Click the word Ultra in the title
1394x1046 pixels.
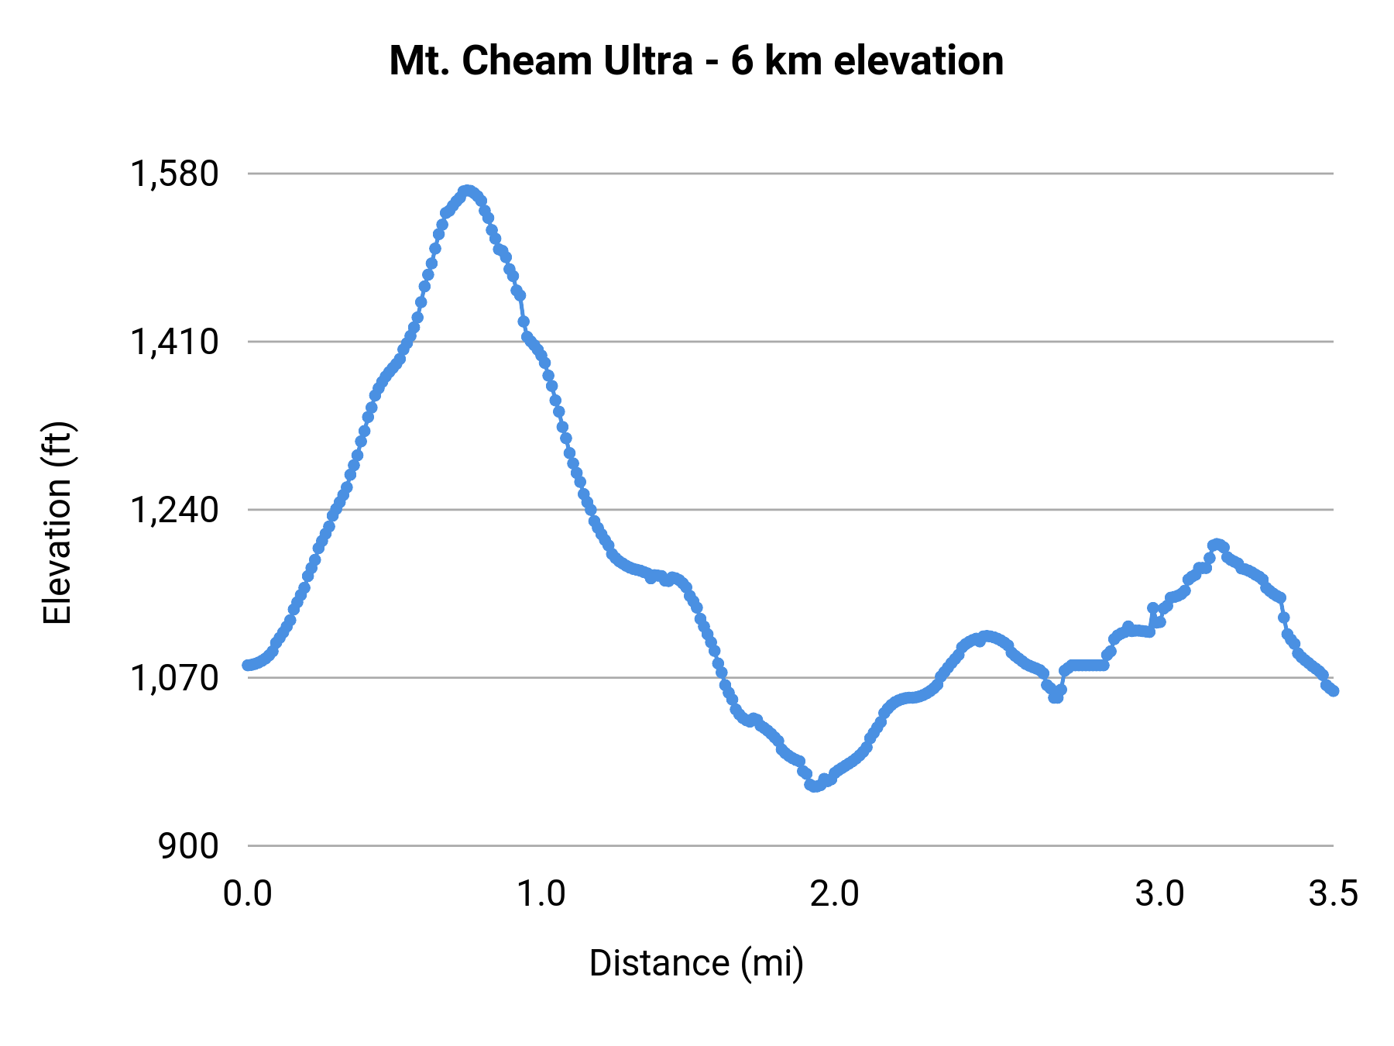(x=647, y=61)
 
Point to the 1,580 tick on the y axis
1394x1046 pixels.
(x=174, y=174)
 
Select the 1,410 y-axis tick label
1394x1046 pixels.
(x=174, y=342)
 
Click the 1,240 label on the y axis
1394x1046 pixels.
(x=174, y=510)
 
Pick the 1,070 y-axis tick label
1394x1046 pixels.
(x=174, y=678)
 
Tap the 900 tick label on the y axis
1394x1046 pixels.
(x=188, y=846)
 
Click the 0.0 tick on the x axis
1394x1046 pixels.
(x=247, y=893)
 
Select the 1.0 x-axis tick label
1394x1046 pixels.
(x=541, y=893)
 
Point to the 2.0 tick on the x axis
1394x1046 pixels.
(x=834, y=893)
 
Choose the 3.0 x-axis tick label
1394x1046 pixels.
(x=1159, y=893)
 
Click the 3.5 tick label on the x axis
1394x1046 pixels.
(x=1333, y=893)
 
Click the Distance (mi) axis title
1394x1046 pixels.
(x=696, y=963)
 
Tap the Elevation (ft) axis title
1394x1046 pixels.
(x=57, y=523)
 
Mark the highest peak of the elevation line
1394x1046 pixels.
(x=466, y=191)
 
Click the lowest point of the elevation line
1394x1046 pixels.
(x=813, y=786)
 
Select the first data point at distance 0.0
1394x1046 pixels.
(x=247, y=665)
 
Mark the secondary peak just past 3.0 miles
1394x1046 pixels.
(x=1217, y=545)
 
